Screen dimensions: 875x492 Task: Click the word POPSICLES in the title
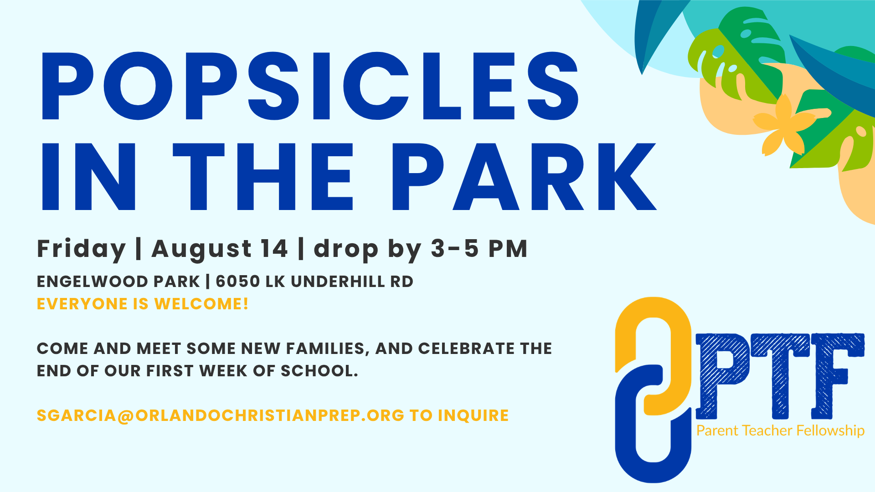(310, 86)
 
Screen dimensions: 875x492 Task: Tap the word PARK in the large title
(524, 177)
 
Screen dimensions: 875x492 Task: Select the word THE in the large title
(263, 177)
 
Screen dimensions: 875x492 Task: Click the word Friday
(81, 249)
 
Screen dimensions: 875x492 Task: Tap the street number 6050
(238, 282)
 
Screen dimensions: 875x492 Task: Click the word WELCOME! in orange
(201, 304)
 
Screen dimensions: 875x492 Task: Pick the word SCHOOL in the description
(319, 371)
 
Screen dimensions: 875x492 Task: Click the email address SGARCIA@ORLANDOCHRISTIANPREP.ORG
(221, 415)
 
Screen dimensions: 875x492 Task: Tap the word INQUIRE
(474, 415)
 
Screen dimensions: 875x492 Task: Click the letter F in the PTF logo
(838, 376)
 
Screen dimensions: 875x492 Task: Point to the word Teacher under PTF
(767, 430)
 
